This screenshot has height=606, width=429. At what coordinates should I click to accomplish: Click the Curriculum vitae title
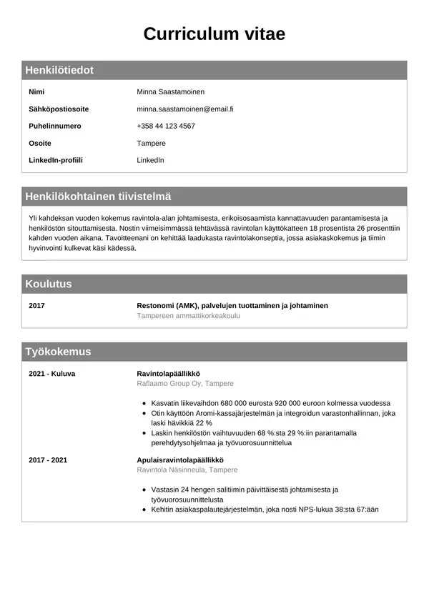click(214, 34)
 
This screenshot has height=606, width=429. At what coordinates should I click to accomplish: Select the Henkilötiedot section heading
click(59, 70)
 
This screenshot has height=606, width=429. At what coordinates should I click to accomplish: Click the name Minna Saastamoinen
click(170, 92)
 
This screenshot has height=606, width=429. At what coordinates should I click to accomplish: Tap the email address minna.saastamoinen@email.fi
click(185, 109)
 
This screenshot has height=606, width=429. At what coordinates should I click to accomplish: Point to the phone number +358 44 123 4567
click(166, 126)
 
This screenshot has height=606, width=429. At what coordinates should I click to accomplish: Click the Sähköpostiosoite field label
click(59, 109)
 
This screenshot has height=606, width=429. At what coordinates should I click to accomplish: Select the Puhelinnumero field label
click(55, 126)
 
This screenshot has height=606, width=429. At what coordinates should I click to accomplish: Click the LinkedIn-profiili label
click(56, 160)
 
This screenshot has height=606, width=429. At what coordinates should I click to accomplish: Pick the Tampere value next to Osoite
click(151, 144)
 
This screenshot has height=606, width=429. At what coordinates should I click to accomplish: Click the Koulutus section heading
click(49, 284)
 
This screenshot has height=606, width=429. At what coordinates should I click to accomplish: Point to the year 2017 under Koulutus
click(36, 306)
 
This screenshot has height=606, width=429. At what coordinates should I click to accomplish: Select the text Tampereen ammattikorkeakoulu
click(189, 316)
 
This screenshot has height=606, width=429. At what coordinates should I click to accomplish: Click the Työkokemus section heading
click(58, 352)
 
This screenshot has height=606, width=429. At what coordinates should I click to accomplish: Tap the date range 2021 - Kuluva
click(51, 374)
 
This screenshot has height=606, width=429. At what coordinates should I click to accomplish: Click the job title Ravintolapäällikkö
click(168, 374)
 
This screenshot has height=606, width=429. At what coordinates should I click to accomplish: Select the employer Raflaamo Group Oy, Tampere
click(185, 384)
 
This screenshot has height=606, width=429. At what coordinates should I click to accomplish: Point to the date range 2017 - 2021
click(48, 460)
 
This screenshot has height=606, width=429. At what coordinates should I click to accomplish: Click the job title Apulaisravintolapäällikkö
click(180, 460)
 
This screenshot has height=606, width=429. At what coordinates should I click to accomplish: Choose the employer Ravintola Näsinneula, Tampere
click(187, 470)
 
